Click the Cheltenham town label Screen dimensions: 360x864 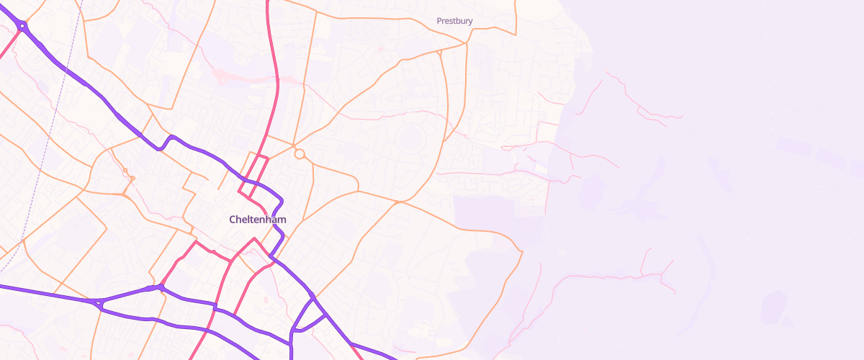point(257,219)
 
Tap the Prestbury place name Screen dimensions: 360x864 point(454,21)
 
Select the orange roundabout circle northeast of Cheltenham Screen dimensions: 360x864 point(300,154)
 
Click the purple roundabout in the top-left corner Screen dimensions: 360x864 point(23,27)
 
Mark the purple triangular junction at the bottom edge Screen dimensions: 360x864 point(305,317)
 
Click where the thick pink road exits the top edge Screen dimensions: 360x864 point(268,2)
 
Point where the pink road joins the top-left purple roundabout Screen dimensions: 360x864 point(18,33)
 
